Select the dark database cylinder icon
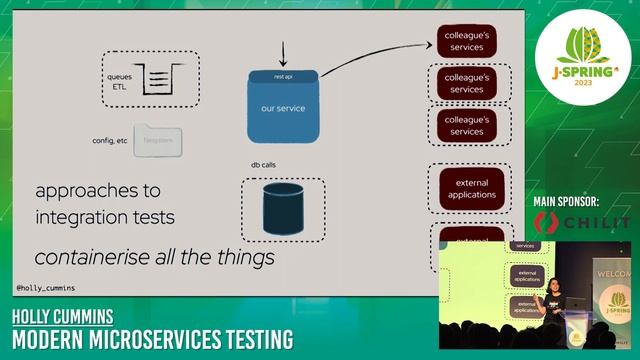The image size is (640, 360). (x=283, y=207)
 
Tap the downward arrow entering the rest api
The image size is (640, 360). (x=283, y=52)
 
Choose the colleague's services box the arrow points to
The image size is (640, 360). (x=466, y=41)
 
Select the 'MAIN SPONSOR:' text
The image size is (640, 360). (x=580, y=202)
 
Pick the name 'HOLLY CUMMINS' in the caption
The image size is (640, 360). (x=62, y=317)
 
